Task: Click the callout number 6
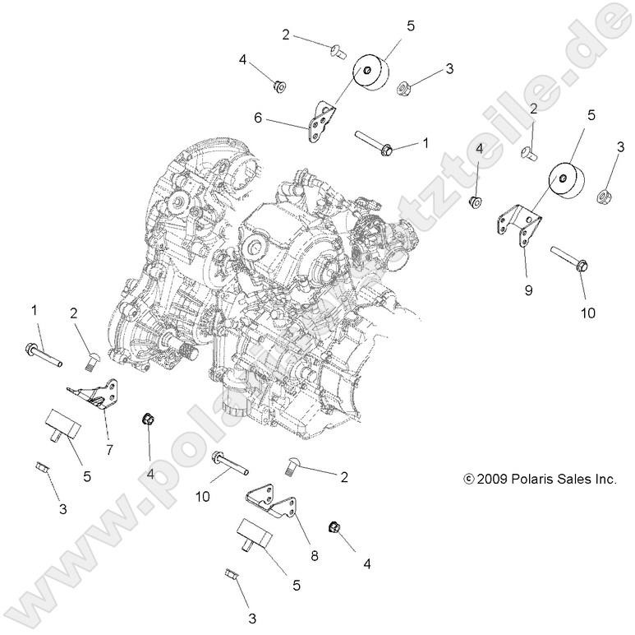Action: pos(258,118)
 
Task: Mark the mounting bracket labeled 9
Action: pos(521,229)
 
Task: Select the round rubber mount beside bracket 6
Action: pos(371,75)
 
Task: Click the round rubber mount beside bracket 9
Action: pos(568,187)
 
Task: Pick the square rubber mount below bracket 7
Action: pos(61,424)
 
